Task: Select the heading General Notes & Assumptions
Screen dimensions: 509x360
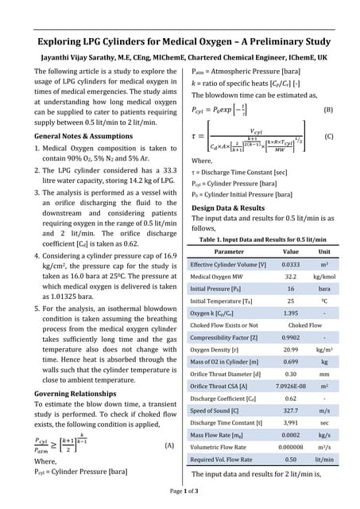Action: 84,136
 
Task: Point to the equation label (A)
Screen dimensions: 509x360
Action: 169,445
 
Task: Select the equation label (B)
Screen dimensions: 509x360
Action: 329,109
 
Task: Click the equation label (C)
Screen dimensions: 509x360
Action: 329,136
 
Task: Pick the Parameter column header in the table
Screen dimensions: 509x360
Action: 230,251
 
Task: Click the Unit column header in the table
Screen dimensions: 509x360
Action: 324,251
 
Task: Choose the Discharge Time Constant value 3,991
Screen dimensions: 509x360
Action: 291,423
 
